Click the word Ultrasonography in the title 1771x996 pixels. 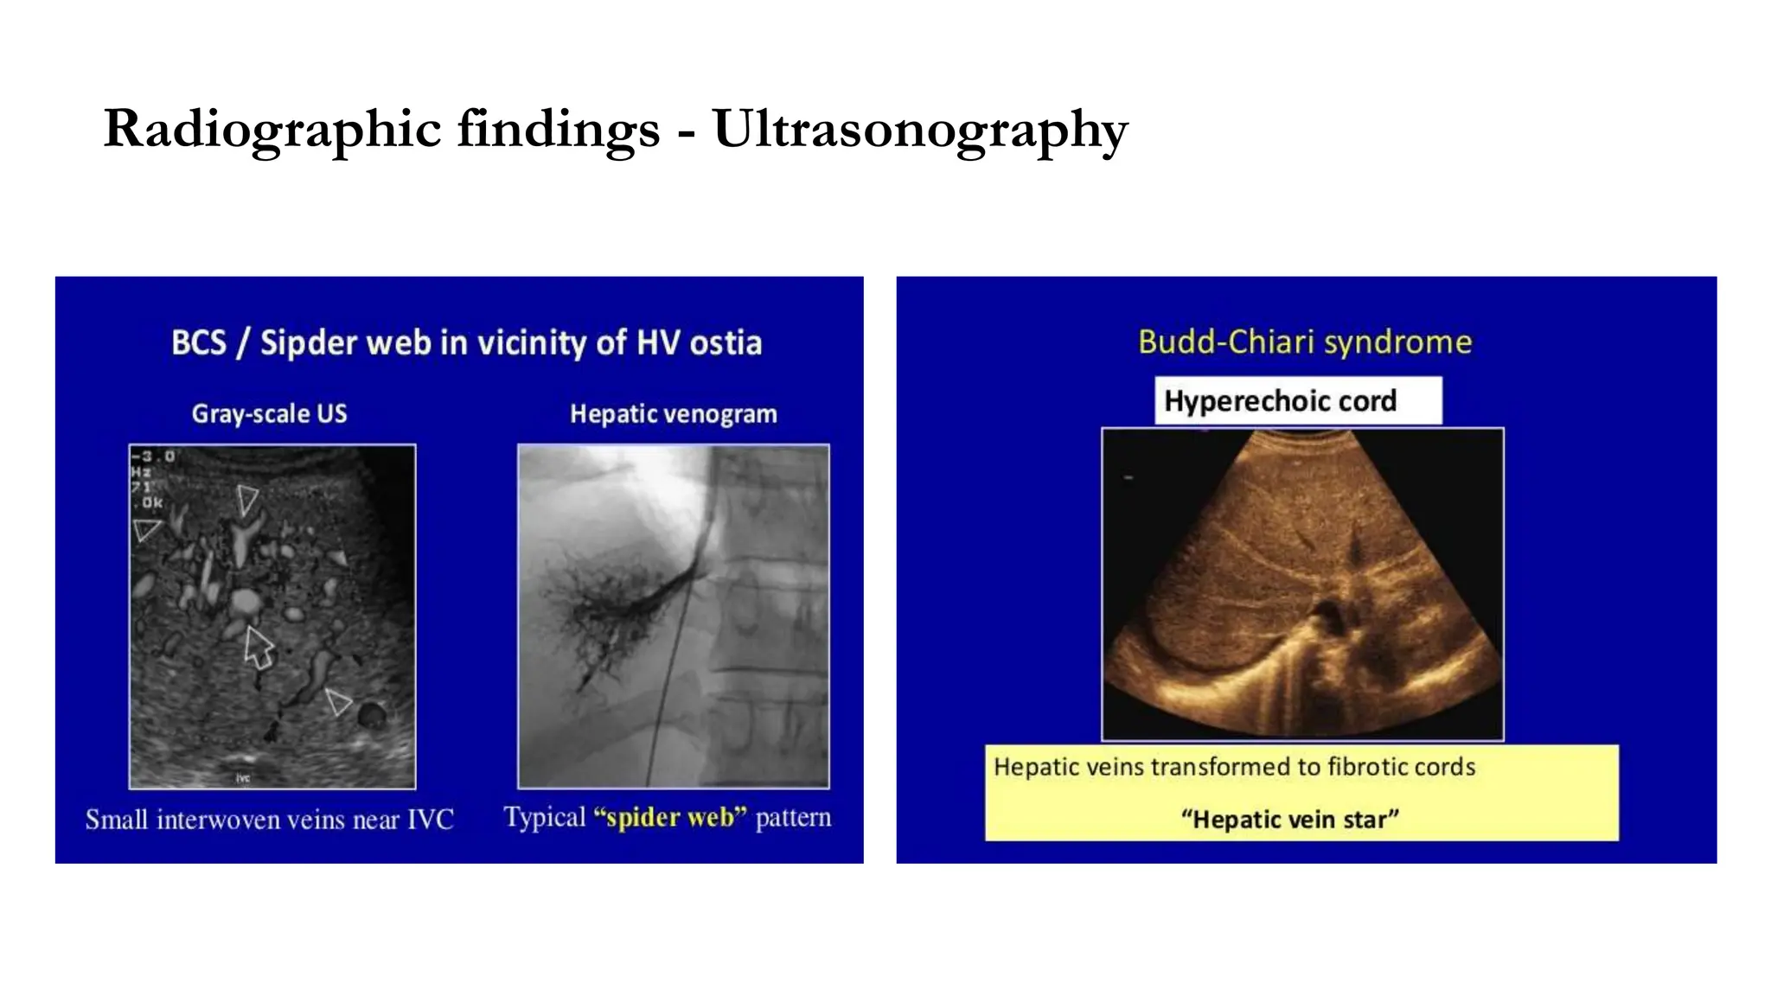(920, 130)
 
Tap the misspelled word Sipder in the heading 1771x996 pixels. (309, 343)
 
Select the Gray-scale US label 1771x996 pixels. (269, 414)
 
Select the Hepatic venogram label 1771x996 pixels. (673, 414)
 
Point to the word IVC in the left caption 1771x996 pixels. (430, 819)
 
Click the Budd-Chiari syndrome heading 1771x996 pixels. (1304, 342)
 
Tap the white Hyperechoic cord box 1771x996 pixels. (1297, 401)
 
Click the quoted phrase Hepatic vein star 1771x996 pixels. (1289, 819)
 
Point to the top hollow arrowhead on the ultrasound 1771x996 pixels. (247, 500)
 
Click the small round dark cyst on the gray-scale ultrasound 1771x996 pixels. (372, 715)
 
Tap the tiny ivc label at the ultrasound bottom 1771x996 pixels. (243, 778)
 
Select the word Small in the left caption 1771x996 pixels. (116, 819)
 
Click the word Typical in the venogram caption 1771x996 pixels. (545, 817)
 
